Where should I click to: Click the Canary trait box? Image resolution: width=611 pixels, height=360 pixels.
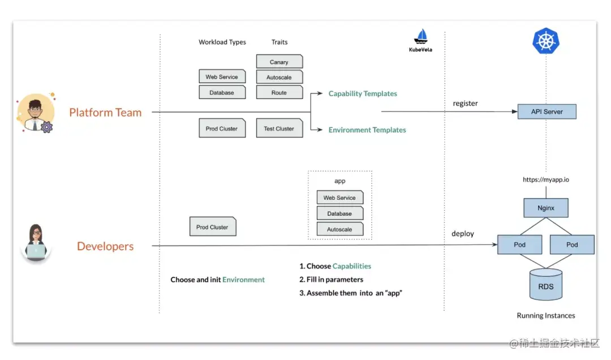click(279, 62)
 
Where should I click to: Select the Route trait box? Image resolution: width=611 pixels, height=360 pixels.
click(279, 92)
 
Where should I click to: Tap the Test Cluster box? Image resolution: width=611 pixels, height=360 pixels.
click(279, 128)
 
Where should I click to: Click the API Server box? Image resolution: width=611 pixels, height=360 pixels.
click(547, 112)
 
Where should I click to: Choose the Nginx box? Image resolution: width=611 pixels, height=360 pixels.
click(546, 208)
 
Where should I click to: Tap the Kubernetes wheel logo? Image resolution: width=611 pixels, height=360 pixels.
click(546, 41)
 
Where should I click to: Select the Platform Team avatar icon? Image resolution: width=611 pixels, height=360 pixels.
click(36, 111)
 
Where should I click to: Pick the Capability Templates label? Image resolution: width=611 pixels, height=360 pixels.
click(363, 93)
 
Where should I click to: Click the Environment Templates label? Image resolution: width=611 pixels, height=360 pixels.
click(367, 130)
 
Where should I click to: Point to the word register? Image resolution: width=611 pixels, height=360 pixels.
click(465, 104)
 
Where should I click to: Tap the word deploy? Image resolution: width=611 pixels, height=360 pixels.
click(463, 234)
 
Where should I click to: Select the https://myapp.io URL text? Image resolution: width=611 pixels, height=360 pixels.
click(546, 179)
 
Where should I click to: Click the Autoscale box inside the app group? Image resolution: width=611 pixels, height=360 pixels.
click(339, 229)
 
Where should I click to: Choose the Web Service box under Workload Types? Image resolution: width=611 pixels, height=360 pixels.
click(222, 77)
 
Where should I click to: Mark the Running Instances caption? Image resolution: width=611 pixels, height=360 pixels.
click(546, 315)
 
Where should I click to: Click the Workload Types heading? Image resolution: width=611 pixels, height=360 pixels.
click(222, 42)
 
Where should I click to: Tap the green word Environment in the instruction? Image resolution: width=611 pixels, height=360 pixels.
click(243, 280)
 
